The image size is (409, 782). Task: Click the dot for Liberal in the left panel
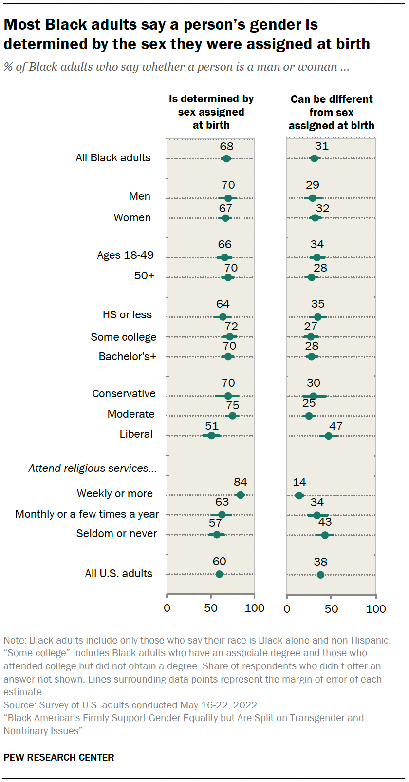point(211,435)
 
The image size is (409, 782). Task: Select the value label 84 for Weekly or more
point(240,482)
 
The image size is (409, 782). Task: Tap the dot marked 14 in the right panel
point(299,495)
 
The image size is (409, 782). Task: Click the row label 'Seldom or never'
point(116,533)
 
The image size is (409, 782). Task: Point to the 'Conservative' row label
point(124,393)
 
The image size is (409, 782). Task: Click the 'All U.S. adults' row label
point(118,573)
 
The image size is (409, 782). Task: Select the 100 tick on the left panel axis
point(255,608)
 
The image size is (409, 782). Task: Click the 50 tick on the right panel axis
point(331,608)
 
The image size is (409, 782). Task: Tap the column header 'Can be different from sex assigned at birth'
point(331,112)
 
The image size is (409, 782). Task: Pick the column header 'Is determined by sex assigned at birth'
point(211,112)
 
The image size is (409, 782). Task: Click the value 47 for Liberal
point(335,426)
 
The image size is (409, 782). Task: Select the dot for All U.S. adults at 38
point(320,575)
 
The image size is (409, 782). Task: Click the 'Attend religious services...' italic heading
point(93,468)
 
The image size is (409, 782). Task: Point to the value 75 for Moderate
point(232,405)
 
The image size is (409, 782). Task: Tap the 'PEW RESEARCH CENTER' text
point(59,757)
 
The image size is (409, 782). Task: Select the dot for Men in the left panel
point(228,198)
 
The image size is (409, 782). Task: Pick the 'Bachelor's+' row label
point(127,356)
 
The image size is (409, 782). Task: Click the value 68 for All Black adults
point(226,146)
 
